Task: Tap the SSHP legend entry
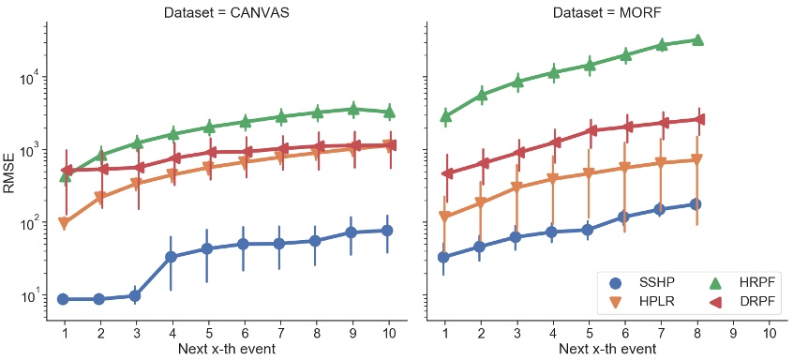pyautogui.click(x=647, y=282)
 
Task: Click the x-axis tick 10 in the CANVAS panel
pyautogui.click(x=389, y=333)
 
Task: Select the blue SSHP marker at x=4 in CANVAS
pyautogui.click(x=172, y=257)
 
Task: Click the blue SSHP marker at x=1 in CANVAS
pyautogui.click(x=64, y=299)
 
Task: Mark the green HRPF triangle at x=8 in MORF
pyautogui.click(x=696, y=40)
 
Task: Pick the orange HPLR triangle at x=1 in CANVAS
pyautogui.click(x=64, y=223)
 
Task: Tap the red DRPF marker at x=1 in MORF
pyautogui.click(x=447, y=173)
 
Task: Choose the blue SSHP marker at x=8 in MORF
pyautogui.click(x=696, y=204)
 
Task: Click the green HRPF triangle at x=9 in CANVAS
pyautogui.click(x=353, y=109)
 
